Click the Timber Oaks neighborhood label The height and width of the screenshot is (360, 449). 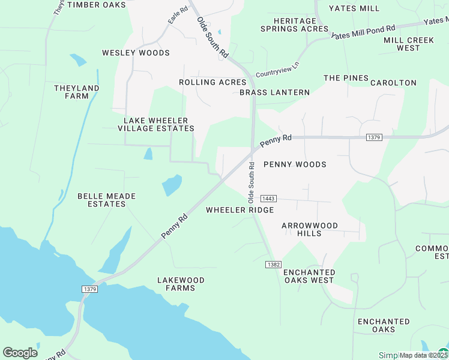[97, 5]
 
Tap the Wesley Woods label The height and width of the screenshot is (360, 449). [136, 53]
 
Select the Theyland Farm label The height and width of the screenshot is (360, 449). [76, 92]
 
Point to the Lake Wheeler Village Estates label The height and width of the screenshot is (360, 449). [155, 124]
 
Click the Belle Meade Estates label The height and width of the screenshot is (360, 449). [107, 200]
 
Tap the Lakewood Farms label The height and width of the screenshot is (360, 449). [181, 284]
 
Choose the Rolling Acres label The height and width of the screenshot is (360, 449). [212, 82]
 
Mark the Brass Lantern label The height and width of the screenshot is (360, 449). [274, 92]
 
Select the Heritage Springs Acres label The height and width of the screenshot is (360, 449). [294, 25]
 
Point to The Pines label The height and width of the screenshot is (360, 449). [346, 78]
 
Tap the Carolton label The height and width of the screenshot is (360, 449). [393, 83]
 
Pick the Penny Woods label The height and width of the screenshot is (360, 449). [295, 164]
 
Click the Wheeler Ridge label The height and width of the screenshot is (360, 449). [240, 210]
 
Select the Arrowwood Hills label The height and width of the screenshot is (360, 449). [310, 229]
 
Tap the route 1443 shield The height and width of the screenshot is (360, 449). [268, 198]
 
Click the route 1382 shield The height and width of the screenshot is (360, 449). [273, 265]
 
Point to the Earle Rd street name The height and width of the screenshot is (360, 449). [175, 16]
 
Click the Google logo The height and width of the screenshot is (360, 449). [20, 352]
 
